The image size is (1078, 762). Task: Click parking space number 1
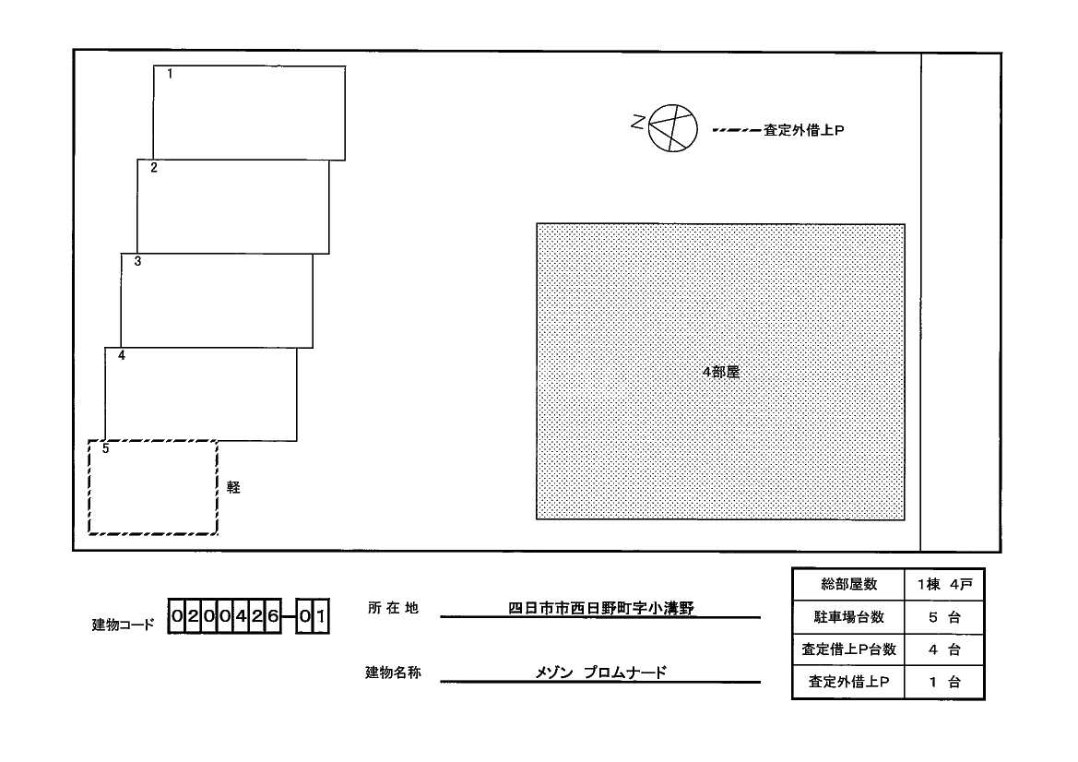click(x=249, y=113)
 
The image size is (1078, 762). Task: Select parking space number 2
click(x=232, y=207)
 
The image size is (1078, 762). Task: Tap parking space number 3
click(x=217, y=300)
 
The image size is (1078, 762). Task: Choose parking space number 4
click(x=201, y=394)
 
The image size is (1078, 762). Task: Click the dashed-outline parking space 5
click(x=153, y=487)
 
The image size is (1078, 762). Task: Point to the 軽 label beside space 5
click(x=233, y=487)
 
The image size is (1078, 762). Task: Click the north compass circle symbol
click(x=671, y=126)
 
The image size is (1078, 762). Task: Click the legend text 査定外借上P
click(x=804, y=131)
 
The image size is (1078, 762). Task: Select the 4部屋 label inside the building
click(x=721, y=373)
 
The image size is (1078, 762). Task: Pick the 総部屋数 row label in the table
click(x=849, y=585)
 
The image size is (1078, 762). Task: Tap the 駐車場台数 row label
click(x=849, y=617)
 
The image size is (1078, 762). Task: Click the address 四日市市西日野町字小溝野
click(x=600, y=608)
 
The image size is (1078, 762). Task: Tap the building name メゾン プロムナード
click(x=600, y=673)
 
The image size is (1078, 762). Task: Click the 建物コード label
click(x=124, y=625)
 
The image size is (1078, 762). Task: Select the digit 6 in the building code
click(x=273, y=616)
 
